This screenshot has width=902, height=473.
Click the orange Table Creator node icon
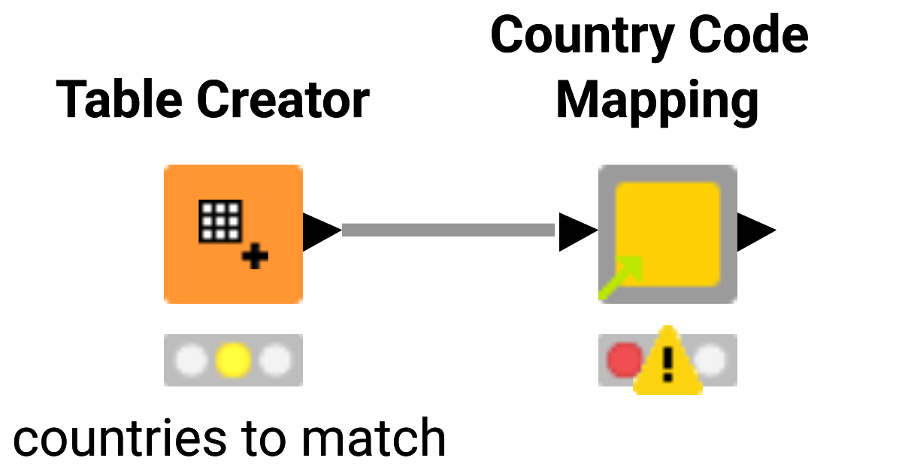(x=233, y=233)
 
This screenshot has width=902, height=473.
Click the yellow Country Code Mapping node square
(x=667, y=233)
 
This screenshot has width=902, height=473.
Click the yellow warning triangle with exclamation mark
(x=667, y=363)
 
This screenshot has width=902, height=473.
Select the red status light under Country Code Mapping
(x=624, y=360)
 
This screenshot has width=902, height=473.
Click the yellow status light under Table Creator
(x=233, y=360)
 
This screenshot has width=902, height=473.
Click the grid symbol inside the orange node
(x=220, y=221)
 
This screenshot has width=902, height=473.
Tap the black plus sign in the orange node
(x=256, y=258)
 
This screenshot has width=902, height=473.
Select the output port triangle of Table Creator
(x=319, y=231)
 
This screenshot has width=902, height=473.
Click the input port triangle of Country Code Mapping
(x=576, y=231)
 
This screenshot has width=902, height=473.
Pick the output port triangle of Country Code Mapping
(x=754, y=231)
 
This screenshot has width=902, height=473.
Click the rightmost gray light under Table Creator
(x=275, y=360)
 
